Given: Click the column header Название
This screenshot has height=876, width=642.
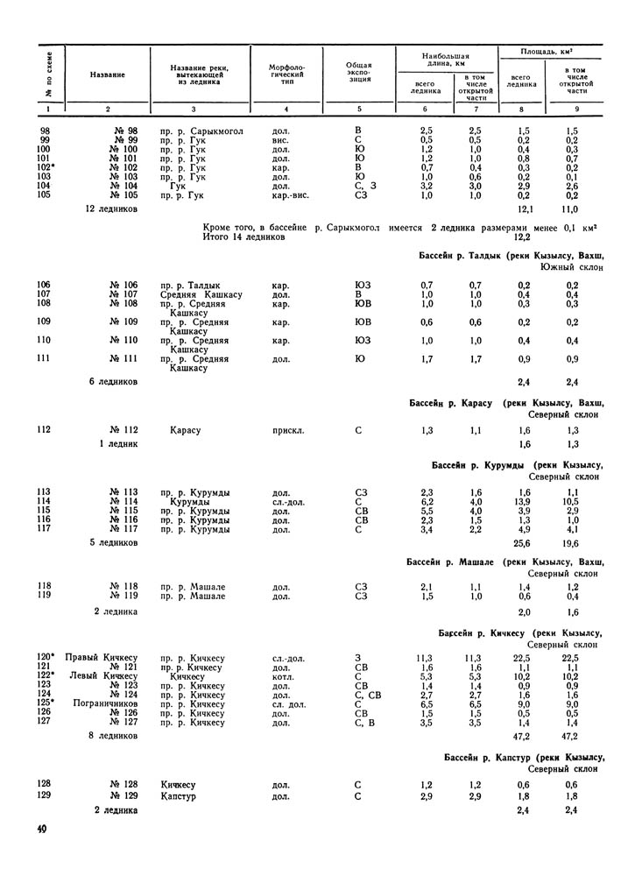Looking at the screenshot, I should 107,74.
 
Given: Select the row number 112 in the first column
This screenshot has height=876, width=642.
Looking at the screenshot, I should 46,430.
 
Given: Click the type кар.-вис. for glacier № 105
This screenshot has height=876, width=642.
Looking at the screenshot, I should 289,195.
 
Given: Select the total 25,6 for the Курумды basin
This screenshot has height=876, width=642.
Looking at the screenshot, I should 524,544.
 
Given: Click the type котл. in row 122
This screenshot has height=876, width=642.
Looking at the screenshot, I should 281,676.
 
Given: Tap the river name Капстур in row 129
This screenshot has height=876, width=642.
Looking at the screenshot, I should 178,797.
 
